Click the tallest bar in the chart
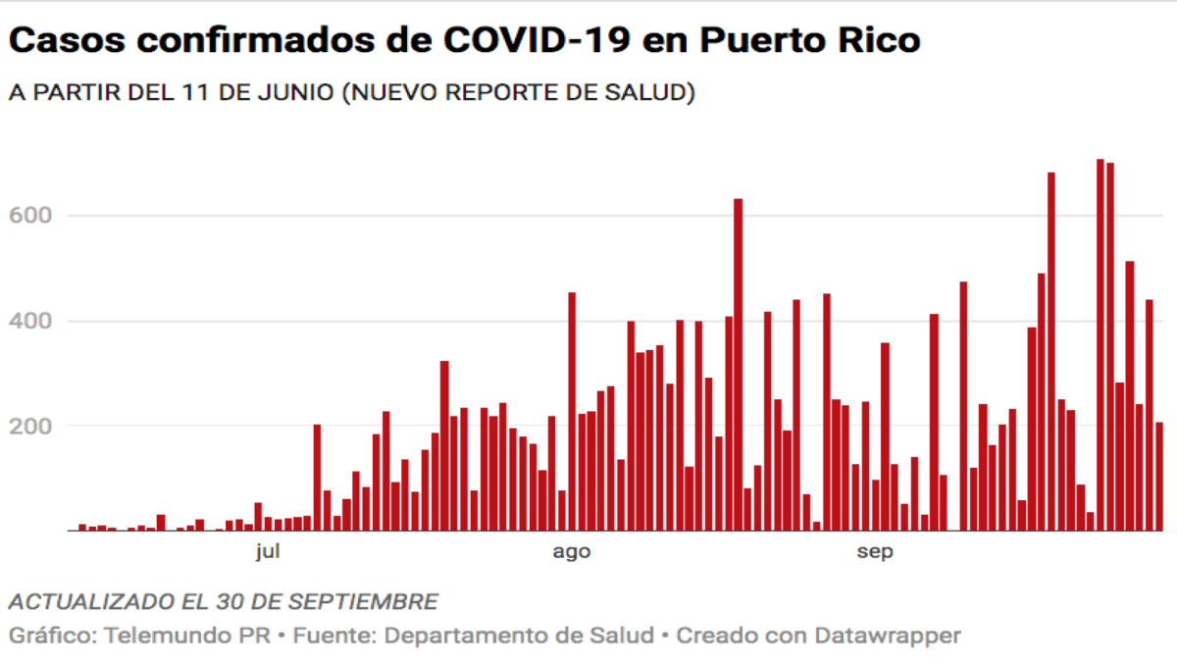coord(1100,344)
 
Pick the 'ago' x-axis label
coord(571,552)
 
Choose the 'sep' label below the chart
coord(874,552)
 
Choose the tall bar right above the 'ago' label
coord(572,412)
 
